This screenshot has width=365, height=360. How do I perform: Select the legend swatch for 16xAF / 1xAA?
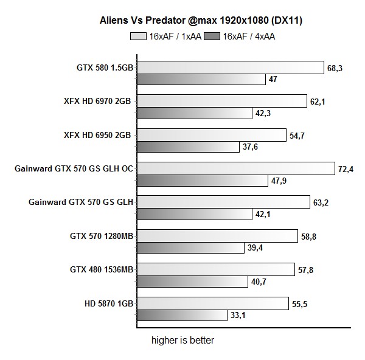[x=138, y=36]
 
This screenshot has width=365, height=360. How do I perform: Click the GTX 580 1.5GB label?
[x=100, y=67]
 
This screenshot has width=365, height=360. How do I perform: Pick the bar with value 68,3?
[x=229, y=67]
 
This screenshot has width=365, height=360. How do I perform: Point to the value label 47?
[x=273, y=79]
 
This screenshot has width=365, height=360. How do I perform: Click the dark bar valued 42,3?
[x=194, y=113]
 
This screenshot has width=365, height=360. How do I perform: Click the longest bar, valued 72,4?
[x=235, y=168]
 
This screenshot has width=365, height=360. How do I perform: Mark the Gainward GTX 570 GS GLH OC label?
[x=73, y=168]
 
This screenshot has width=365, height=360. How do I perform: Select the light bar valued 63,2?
[x=223, y=202]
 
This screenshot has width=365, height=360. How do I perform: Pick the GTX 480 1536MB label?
[x=102, y=269]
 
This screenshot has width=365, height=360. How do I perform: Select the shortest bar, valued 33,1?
[x=180, y=315]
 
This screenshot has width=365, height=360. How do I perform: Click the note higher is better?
[x=182, y=341]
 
